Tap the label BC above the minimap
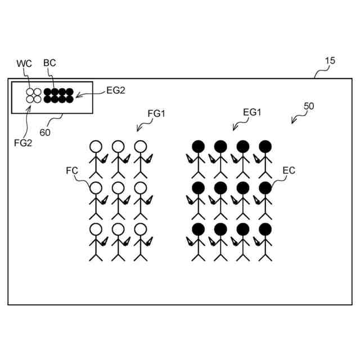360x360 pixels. coord(49,63)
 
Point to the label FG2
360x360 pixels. coord(23,142)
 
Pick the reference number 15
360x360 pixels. coord(330,61)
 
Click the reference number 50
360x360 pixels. coord(309,105)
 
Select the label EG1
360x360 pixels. coord(252,112)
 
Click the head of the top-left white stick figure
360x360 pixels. coord(95,147)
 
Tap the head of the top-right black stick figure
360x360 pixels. coord(265,147)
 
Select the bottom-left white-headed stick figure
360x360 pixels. coord(95,242)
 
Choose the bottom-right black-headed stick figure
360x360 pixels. coord(265,242)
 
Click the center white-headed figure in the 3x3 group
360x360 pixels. coord(118,200)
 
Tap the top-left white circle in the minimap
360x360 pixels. coord(30,92)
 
